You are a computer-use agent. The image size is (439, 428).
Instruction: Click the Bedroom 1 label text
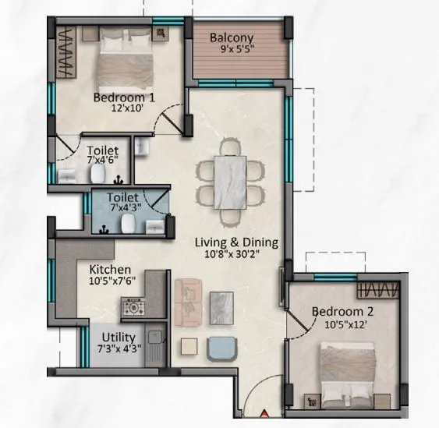[124, 98]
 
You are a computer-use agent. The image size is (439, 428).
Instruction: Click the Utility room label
[117, 338]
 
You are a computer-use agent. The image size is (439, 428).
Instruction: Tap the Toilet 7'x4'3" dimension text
[123, 210]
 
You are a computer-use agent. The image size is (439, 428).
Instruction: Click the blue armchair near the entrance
[222, 347]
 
